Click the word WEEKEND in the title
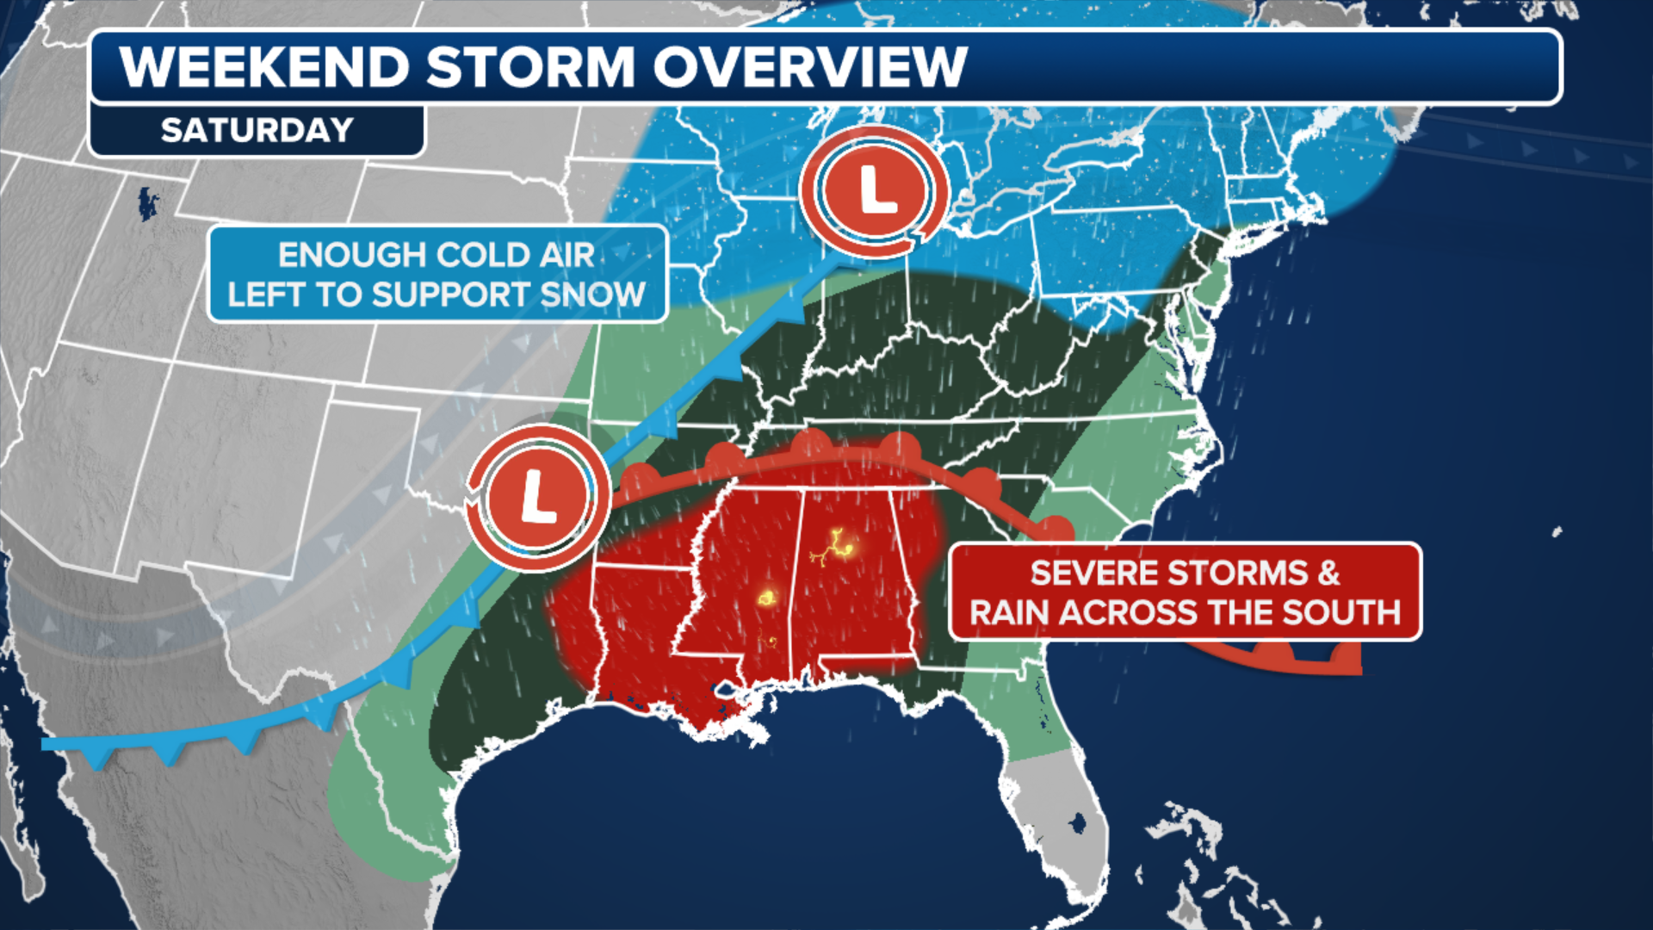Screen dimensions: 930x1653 pyautogui.click(x=264, y=67)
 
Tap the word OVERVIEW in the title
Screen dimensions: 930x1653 pyautogui.click(x=809, y=67)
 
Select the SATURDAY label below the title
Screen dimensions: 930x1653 pyautogui.click(x=257, y=130)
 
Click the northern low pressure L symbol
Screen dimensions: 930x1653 pyautogui.click(x=876, y=190)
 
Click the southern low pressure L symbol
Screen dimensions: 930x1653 pyautogui.click(x=538, y=497)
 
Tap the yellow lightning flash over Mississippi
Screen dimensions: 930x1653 pyautogui.click(x=766, y=597)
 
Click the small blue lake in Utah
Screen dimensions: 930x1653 pyautogui.click(x=148, y=203)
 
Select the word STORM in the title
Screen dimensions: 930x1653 pyautogui.click(x=530, y=67)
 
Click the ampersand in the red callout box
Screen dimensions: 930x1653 pyautogui.click(x=1328, y=573)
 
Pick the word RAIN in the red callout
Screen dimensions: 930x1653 pyautogui.click(x=1009, y=612)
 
